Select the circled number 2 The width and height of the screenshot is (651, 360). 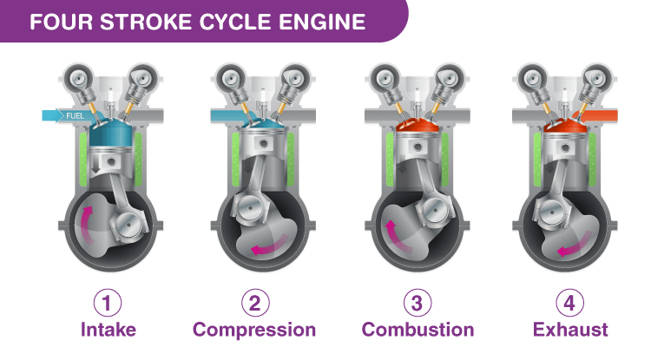pyautogui.click(x=254, y=303)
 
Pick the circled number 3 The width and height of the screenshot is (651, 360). pyautogui.click(x=418, y=303)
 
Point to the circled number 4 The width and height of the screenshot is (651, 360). pyautogui.click(x=570, y=303)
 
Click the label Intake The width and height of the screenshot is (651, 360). pyautogui.click(x=108, y=330)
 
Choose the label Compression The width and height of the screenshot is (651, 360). pyautogui.click(x=254, y=330)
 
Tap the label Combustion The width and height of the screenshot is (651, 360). pyautogui.click(x=418, y=330)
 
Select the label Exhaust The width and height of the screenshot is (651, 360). pyautogui.click(x=570, y=330)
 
